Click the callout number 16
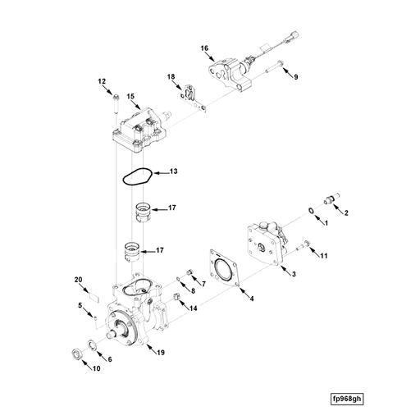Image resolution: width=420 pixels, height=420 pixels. (204, 48)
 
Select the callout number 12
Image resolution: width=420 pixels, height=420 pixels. (103, 81)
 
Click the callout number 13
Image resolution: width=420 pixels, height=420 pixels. (174, 172)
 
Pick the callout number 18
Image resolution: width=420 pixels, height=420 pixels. (171, 76)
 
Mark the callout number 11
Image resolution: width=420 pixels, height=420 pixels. (324, 256)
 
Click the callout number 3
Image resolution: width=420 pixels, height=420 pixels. (294, 273)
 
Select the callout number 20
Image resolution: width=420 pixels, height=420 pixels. (80, 280)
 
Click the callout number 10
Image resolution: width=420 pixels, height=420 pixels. (96, 368)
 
